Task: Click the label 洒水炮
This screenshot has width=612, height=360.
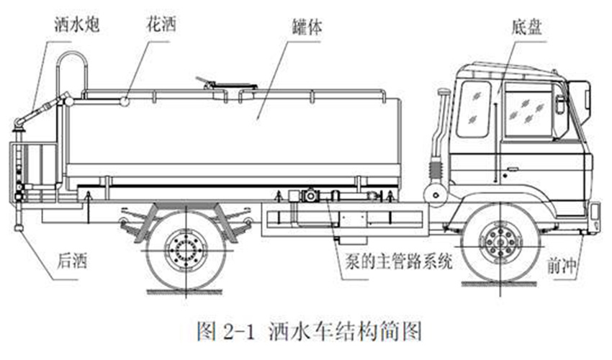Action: click(77, 25)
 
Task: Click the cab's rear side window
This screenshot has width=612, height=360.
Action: click(474, 109)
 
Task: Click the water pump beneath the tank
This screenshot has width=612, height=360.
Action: click(310, 195)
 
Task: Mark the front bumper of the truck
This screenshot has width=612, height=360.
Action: click(595, 217)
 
